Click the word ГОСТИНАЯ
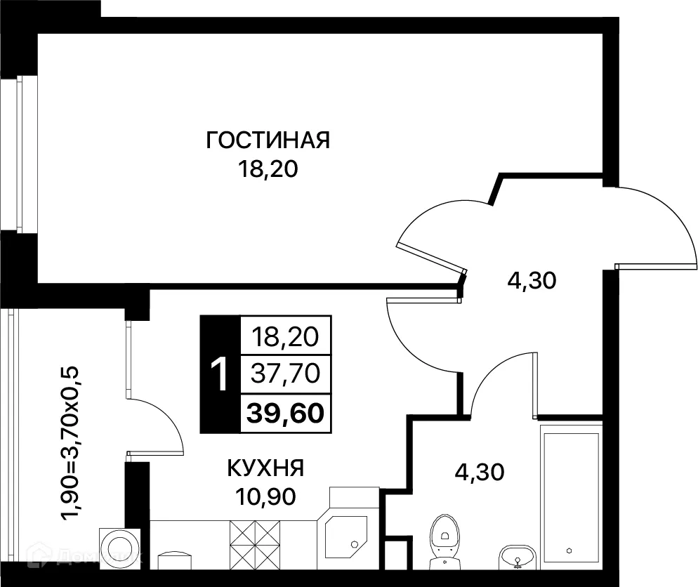point(268,140)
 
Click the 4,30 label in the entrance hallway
point(532,281)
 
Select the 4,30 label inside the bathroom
point(480,473)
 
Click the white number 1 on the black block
point(220,375)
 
